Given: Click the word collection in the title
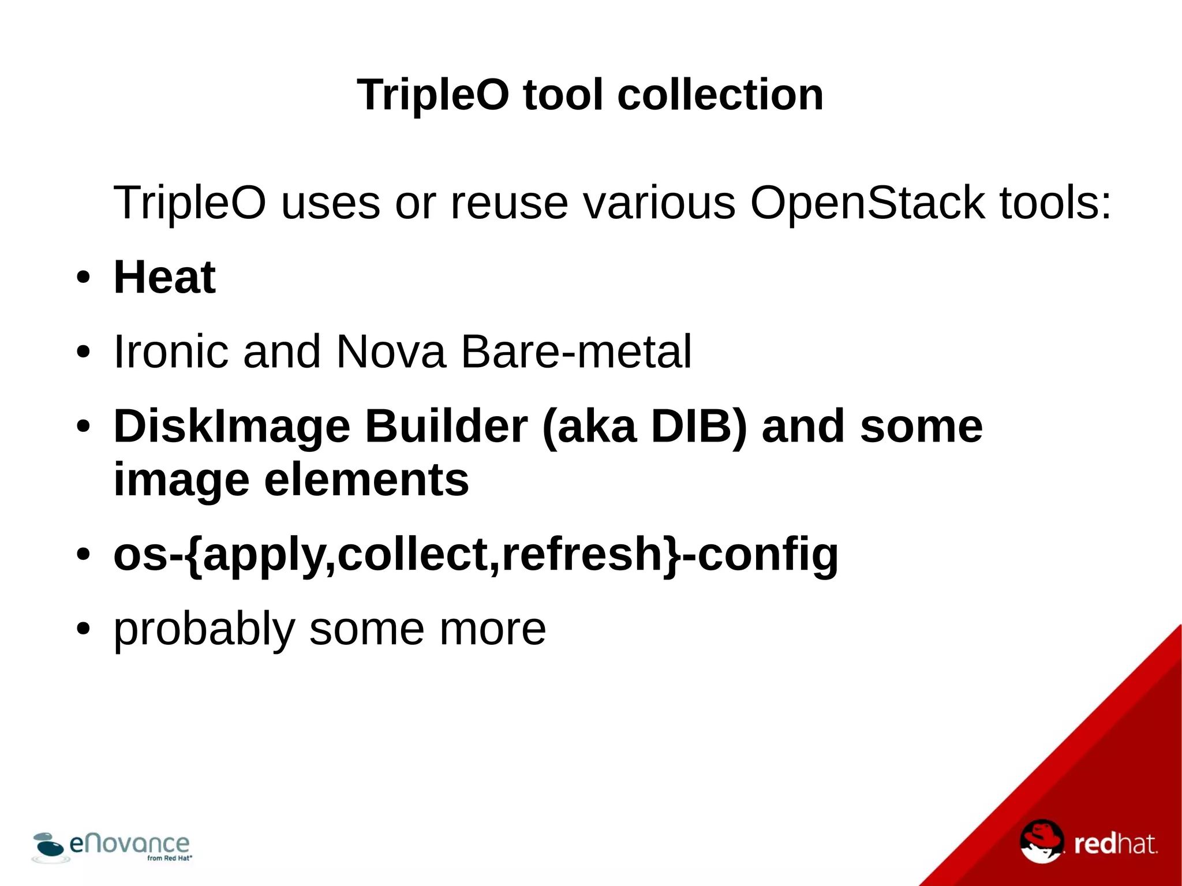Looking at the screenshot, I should point(720,95).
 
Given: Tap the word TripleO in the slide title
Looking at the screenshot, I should point(433,95).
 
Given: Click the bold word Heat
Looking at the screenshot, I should point(164,278).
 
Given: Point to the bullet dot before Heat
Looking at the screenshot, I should point(83,278).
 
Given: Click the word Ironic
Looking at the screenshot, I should point(171,352).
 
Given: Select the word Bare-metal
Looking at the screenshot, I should point(575,352).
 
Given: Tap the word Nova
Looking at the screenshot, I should point(391,352).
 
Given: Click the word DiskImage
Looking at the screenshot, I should point(231,427).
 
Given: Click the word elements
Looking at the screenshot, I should point(366,480).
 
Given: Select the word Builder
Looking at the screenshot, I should point(446,427).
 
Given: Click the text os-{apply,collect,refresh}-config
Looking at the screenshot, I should point(476,554).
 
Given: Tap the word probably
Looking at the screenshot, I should point(204,629).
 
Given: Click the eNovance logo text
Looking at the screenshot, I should point(129,844).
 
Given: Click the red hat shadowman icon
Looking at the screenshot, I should point(1041,841).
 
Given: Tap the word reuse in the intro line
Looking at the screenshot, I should point(509,203).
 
